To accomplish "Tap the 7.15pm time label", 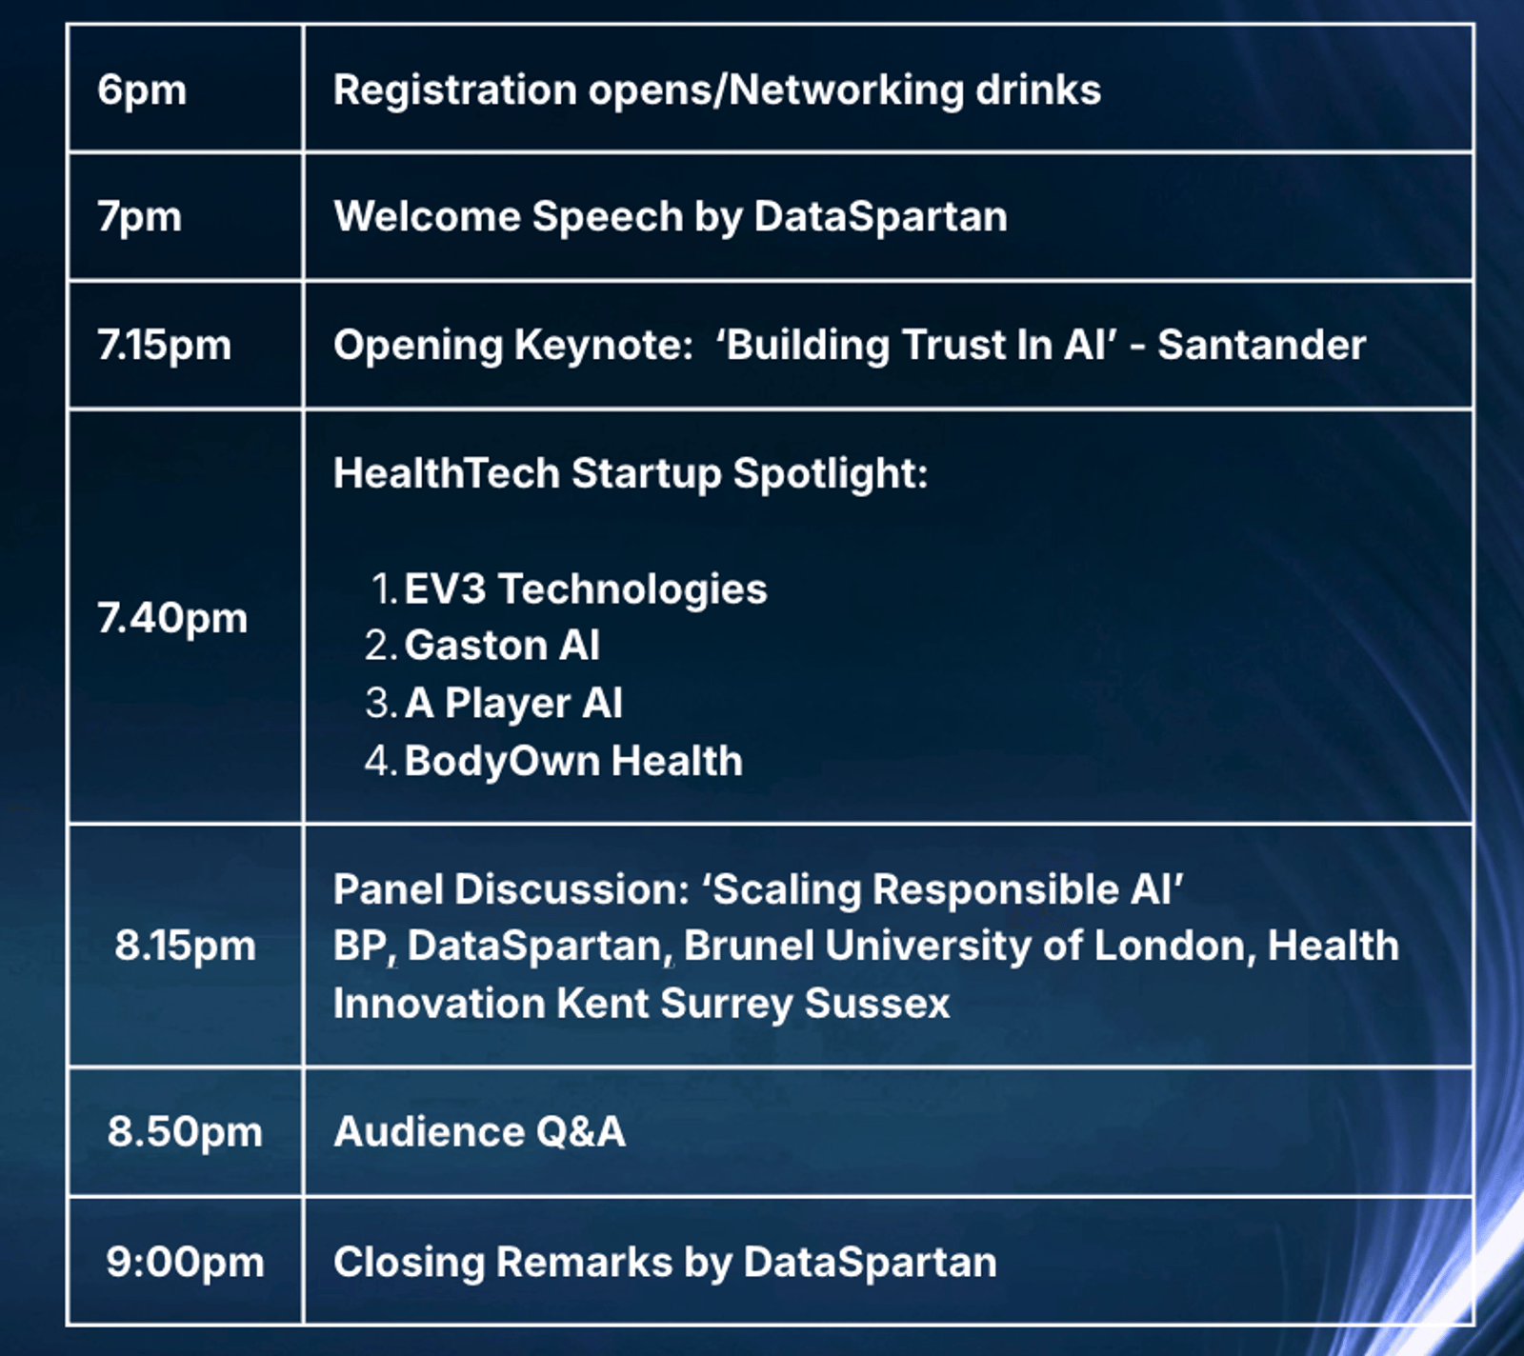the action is click(x=164, y=345).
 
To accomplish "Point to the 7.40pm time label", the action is click(x=172, y=618).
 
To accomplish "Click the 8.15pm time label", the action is click(x=186, y=946).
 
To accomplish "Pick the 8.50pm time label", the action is click(x=185, y=1131).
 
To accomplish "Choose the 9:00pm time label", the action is click(x=186, y=1262).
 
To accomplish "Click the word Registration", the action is click(x=455, y=91).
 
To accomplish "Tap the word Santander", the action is click(x=1261, y=345).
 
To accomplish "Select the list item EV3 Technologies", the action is click(x=586, y=589).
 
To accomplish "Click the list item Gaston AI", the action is click(x=502, y=646).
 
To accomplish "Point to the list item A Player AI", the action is click(x=513, y=704).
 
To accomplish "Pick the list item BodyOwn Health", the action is click(x=573, y=761).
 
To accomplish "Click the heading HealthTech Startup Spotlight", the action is click(x=631, y=474).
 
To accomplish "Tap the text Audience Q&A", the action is click(x=479, y=1132).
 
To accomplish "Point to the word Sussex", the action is click(x=877, y=1004).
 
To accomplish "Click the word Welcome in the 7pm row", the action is click(x=427, y=217).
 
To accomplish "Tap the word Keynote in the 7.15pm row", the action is click(x=604, y=346).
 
